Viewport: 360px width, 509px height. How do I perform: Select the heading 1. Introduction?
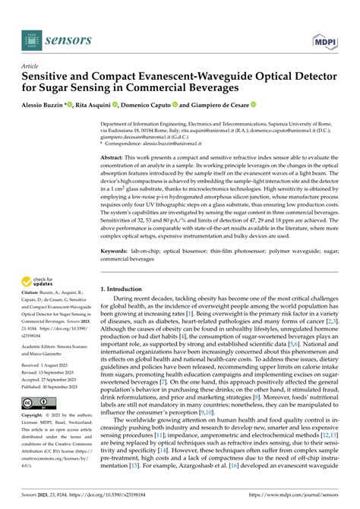coord(126,289)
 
